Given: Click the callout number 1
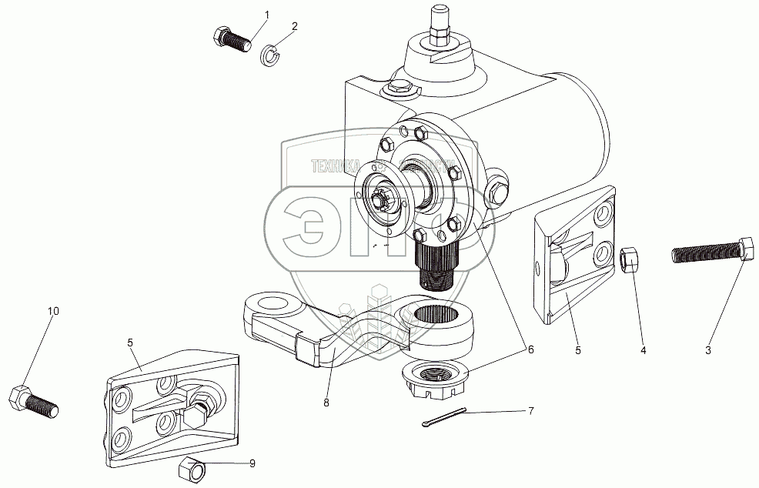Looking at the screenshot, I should point(267,15).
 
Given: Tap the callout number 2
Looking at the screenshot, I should point(294,26).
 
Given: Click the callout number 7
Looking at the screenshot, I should point(529,412).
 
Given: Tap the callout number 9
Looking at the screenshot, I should point(252,463).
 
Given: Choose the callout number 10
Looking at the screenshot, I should point(53,311).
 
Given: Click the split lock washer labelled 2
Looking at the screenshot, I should point(269,55).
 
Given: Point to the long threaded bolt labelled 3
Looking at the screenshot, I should point(709,252).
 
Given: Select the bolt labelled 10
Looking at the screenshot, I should point(32,401).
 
